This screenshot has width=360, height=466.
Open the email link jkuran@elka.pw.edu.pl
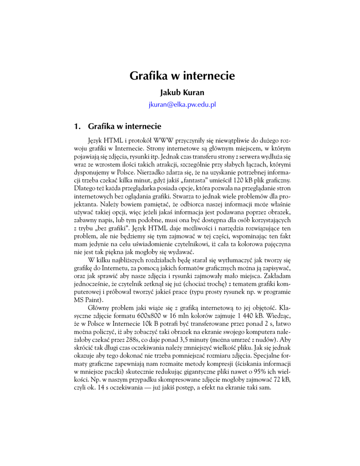coord(182,104)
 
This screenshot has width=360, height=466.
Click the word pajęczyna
coord(274,244)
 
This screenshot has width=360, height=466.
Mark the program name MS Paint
coord(88,300)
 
